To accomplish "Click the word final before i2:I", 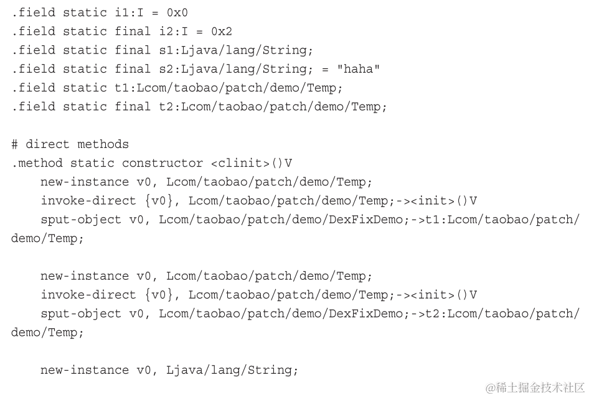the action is tap(133, 31).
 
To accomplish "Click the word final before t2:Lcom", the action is tap(133, 106).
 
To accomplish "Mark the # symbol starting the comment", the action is tap(15, 144).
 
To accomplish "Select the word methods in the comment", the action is tap(103, 144).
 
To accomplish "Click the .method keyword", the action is tap(37, 163).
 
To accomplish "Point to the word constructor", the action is tap(162, 163).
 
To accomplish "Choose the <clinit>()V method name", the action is tap(252, 163).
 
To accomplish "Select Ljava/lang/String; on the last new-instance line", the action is tap(232, 370).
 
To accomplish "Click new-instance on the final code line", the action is tap(85, 370).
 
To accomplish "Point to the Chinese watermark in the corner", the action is tap(535, 387).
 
